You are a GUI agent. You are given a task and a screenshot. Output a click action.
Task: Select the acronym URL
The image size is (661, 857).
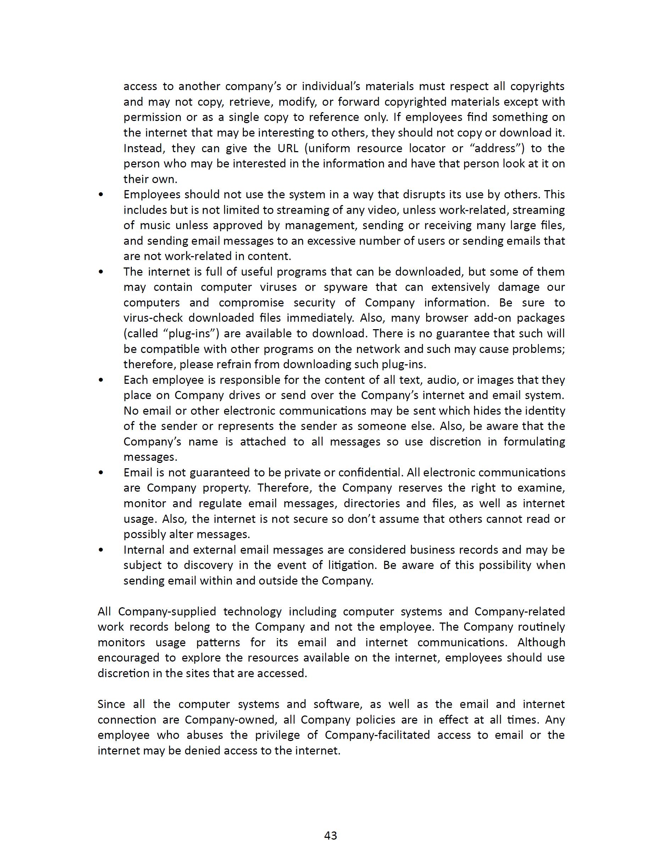288,148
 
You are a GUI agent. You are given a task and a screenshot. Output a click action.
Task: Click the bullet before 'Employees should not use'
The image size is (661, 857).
101,195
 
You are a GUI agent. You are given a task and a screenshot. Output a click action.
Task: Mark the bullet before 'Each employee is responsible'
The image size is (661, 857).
101,380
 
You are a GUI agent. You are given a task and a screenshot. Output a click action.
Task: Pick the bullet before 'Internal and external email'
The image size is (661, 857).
101,550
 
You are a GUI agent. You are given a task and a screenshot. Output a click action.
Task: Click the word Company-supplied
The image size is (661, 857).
167,612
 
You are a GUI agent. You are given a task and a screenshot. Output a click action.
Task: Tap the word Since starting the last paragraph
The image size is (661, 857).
111,704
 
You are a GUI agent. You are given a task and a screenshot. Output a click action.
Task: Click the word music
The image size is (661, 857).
155,226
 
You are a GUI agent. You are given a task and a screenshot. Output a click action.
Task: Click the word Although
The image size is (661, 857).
541,642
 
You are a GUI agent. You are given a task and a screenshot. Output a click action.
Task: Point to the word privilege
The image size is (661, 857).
280,735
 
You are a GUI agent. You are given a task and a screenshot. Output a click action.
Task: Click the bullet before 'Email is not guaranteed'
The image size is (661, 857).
101,472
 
